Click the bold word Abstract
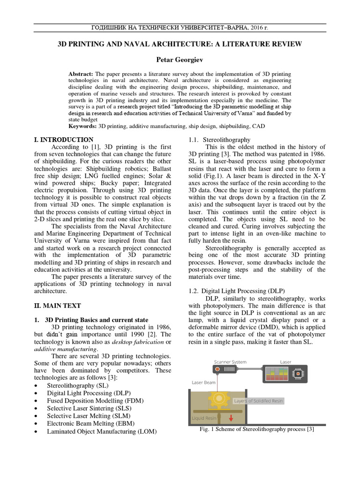[x=81, y=74]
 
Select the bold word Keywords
[x=82, y=127]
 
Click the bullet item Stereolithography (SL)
[x=78, y=385]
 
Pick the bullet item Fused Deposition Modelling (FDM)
[x=95, y=401]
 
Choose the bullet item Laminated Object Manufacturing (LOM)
[x=102, y=431]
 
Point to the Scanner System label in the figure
[x=230, y=362]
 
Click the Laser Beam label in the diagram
[x=204, y=382]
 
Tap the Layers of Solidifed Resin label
[x=258, y=401]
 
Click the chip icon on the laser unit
[x=297, y=374]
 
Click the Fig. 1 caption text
[x=256, y=429]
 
